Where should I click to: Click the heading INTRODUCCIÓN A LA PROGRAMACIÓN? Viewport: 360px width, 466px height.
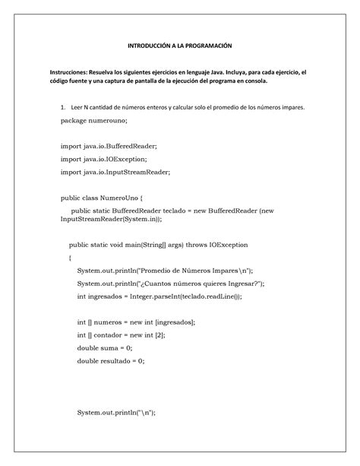pos(179,46)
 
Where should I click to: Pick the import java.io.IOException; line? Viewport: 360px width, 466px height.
pos(104,158)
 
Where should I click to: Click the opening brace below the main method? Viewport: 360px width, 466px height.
pos(70,258)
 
